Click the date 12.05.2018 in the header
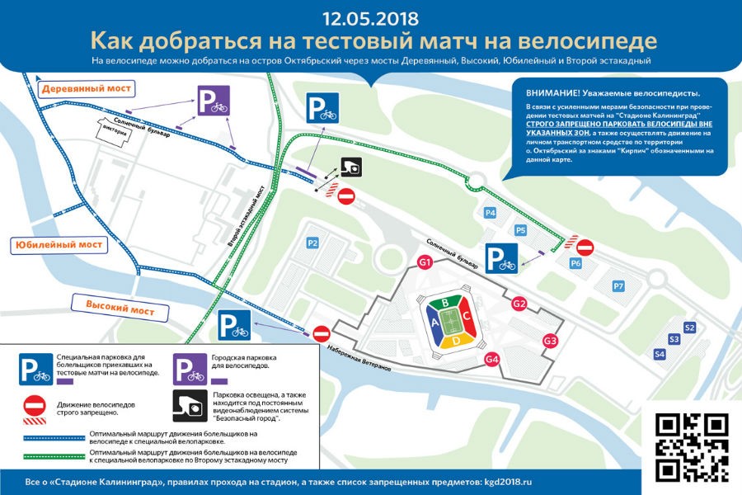[370, 17]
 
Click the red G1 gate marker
[425, 263]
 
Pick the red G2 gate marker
[519, 304]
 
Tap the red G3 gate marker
[550, 341]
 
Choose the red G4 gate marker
[492, 359]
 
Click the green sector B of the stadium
[446, 303]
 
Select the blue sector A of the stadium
[434, 323]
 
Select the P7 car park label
[618, 285]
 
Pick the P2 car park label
[312, 243]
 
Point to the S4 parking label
[659, 354]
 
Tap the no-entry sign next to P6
[585, 247]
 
